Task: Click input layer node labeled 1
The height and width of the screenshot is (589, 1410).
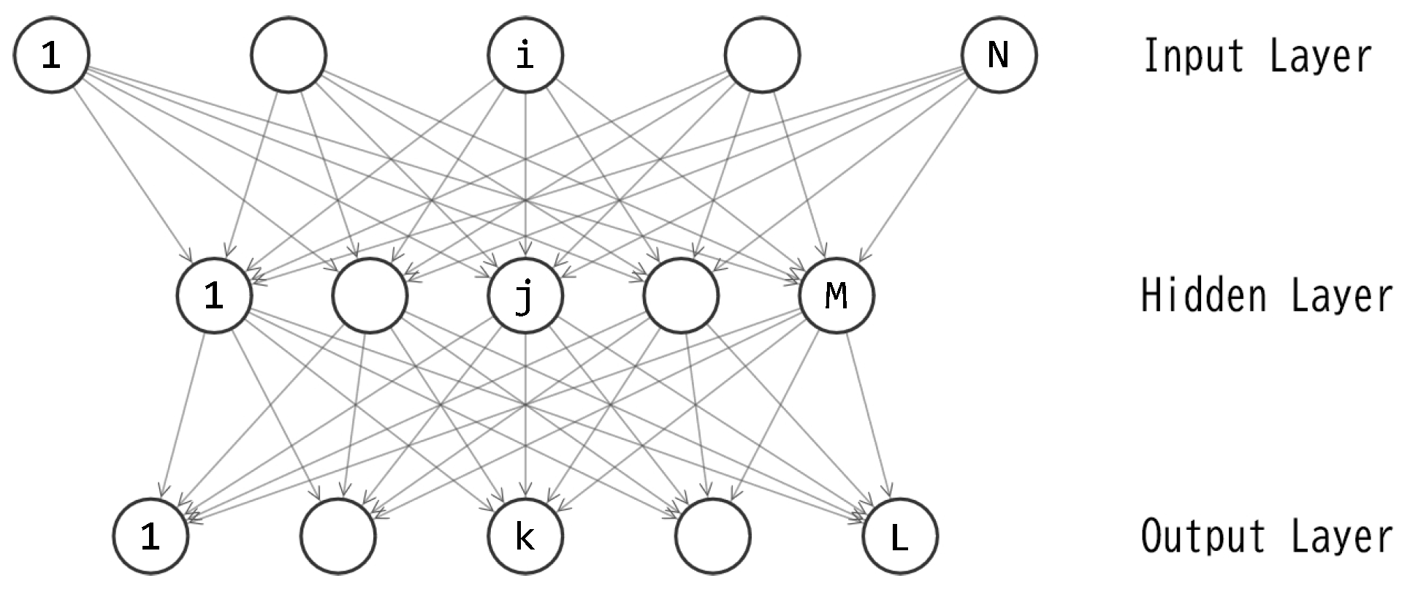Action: [51, 55]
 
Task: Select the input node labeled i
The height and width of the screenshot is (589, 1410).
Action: [525, 55]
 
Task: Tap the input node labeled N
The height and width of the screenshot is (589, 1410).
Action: [999, 55]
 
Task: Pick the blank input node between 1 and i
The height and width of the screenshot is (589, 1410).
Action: [288, 55]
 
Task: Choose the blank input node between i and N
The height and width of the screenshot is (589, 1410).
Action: [762, 55]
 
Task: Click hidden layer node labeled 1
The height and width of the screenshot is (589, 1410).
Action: [214, 295]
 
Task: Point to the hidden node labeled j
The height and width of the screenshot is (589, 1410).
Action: [525, 295]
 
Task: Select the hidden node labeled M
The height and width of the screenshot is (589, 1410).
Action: [837, 295]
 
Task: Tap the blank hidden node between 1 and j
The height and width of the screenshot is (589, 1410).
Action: [370, 295]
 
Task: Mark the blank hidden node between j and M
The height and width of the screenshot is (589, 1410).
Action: [681, 295]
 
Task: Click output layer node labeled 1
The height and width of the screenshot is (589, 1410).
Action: [150, 536]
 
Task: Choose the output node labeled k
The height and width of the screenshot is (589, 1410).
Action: [525, 536]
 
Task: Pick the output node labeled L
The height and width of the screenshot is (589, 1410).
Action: [899, 536]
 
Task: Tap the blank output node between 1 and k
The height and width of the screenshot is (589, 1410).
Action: [338, 536]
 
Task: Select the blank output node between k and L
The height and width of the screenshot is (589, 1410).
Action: [713, 536]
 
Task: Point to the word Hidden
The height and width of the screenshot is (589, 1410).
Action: [1203, 296]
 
